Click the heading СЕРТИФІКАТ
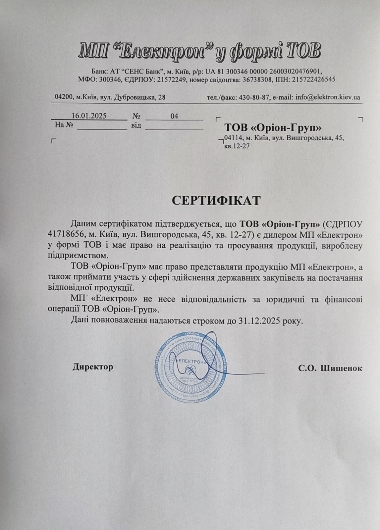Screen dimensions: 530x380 pyautogui.click(x=216, y=201)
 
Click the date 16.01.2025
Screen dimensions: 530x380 pyautogui.click(x=89, y=116)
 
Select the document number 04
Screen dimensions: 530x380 pyautogui.click(x=174, y=116)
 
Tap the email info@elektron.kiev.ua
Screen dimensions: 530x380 pyautogui.click(x=328, y=97)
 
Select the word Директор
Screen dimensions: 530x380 pyautogui.click(x=93, y=367)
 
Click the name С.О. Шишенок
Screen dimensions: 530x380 pyautogui.click(x=330, y=368)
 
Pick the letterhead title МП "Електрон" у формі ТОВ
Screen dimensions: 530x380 pyautogui.click(x=200, y=52)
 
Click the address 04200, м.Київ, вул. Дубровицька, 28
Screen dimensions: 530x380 pyautogui.click(x=110, y=97)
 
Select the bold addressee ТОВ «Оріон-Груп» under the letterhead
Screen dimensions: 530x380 pyautogui.click(x=273, y=128)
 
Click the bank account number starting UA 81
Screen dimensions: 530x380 pyautogui.click(x=264, y=71)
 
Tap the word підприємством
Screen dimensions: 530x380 pyautogui.click(x=78, y=256)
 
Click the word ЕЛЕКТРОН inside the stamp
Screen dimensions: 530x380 pyautogui.click(x=191, y=362)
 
